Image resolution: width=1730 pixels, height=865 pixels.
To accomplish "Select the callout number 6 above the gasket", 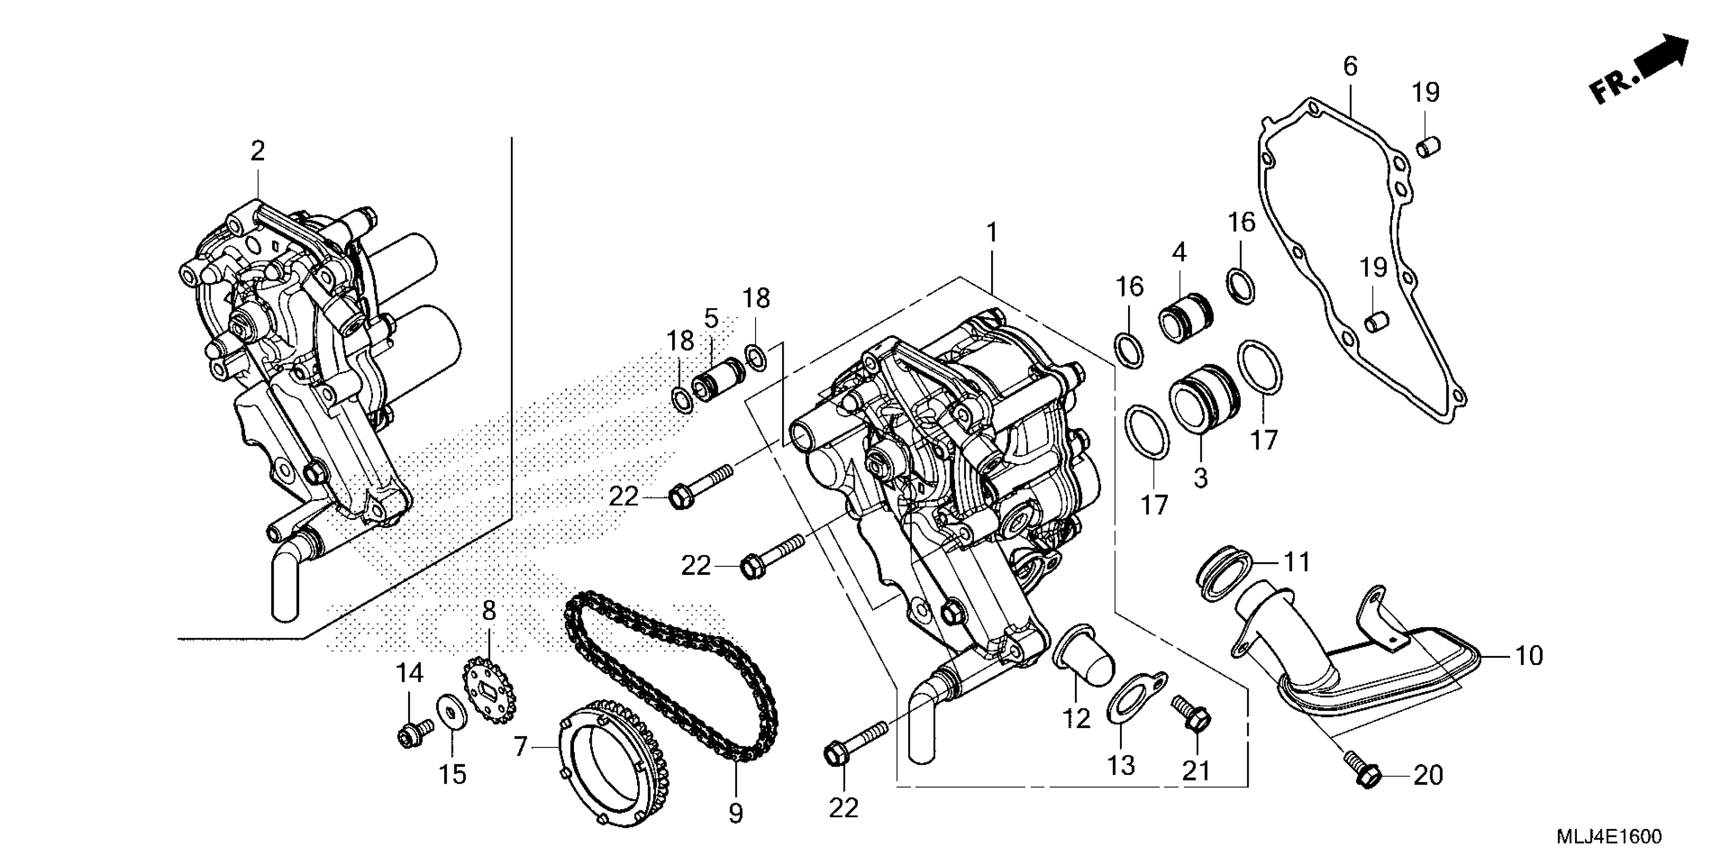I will coord(1350,67).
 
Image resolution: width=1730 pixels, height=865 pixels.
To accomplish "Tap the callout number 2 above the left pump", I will coord(258,151).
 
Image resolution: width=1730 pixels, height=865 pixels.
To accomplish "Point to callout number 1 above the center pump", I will coord(992,233).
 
